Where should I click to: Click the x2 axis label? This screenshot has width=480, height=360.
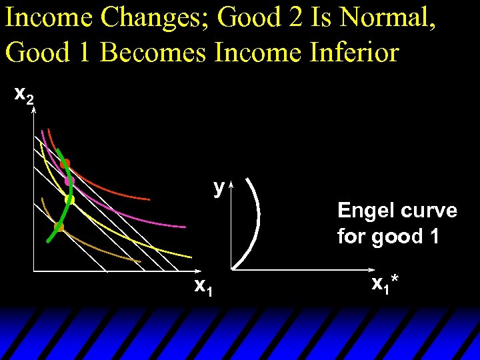tap(24, 97)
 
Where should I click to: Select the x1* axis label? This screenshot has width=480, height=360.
tap(385, 285)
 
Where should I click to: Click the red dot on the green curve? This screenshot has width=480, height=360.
tap(65, 163)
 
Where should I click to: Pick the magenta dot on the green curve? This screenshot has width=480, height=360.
tap(68, 181)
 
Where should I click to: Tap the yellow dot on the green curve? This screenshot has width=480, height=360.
tap(69, 199)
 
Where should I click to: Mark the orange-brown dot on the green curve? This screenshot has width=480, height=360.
tap(59, 227)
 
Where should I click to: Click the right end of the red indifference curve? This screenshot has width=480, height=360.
tap(149, 199)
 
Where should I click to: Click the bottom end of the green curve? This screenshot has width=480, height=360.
tap(49, 241)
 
